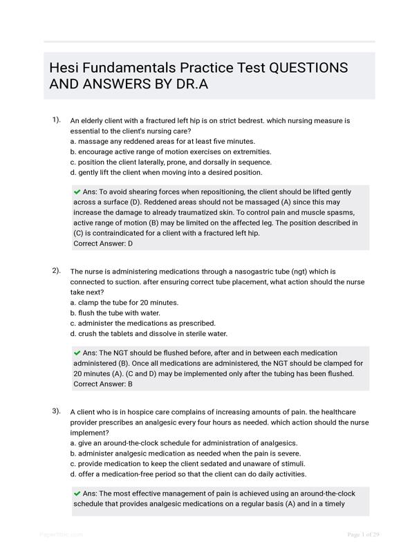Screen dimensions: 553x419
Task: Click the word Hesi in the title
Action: point(64,68)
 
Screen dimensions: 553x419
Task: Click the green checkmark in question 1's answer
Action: point(77,191)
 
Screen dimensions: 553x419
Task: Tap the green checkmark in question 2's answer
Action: point(77,353)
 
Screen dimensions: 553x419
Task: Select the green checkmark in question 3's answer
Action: point(77,494)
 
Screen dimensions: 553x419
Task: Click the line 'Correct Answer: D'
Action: point(103,244)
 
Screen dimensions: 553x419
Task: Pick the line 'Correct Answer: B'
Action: point(103,384)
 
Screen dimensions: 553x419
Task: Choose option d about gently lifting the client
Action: point(166,172)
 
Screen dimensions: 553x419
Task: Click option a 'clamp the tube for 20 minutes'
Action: point(124,302)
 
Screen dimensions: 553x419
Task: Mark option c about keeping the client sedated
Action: point(187,463)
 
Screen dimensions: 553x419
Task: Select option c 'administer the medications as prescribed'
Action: point(143,323)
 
